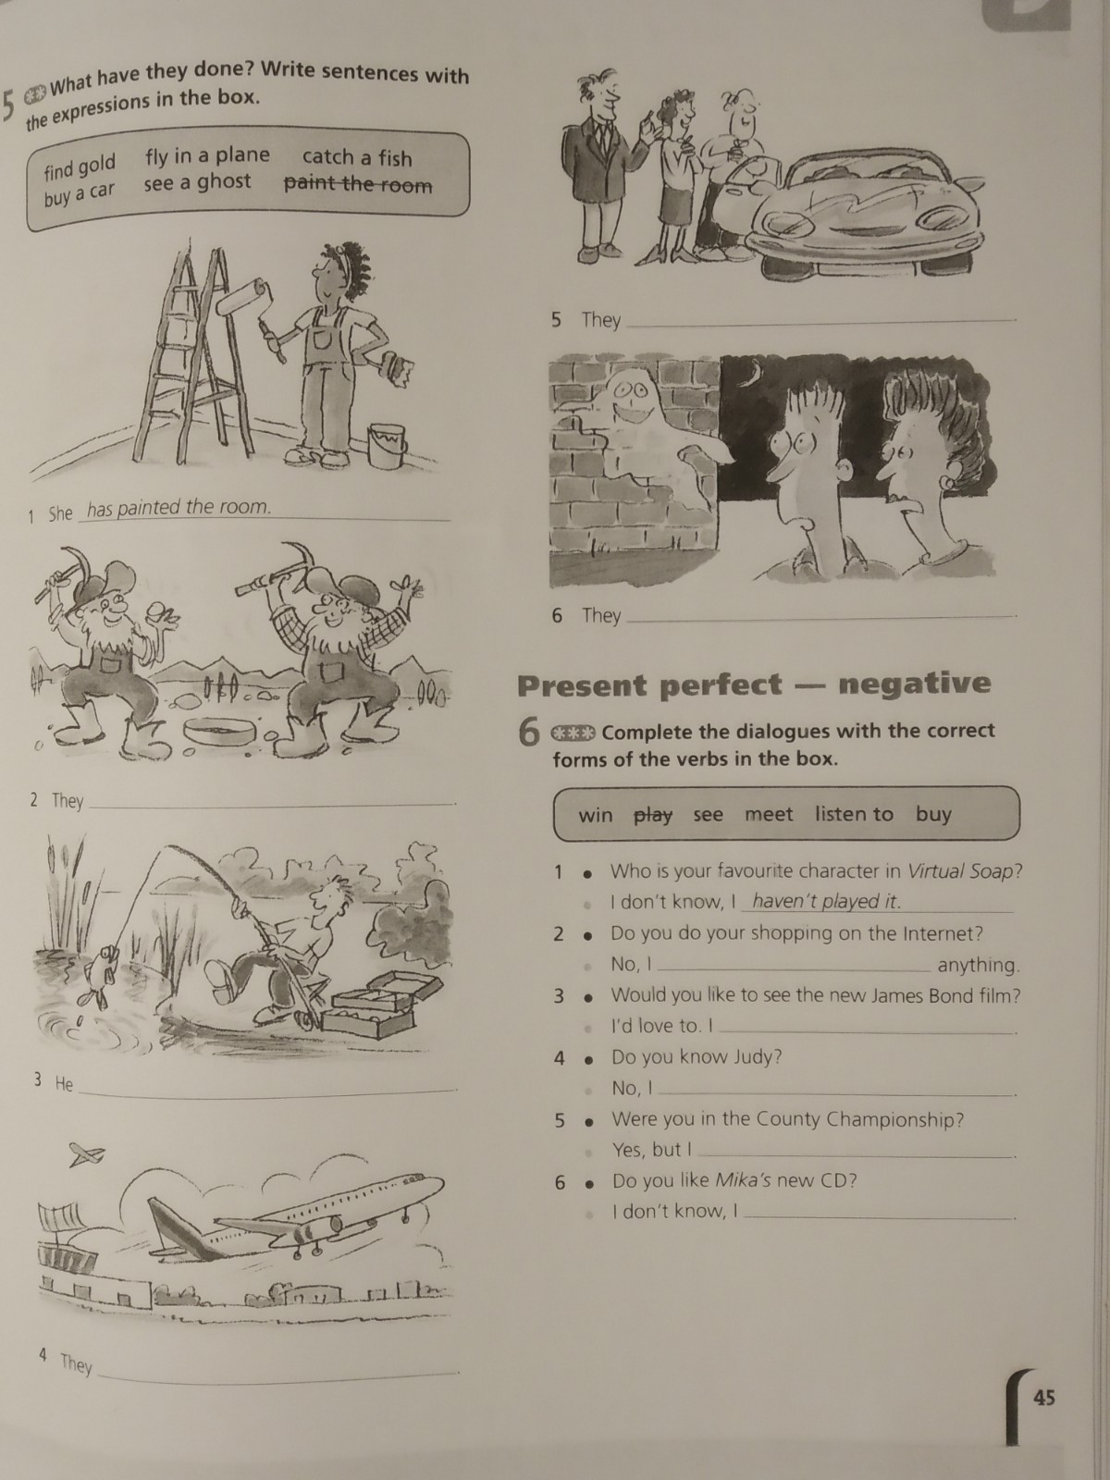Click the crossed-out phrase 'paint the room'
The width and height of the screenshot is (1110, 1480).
click(358, 184)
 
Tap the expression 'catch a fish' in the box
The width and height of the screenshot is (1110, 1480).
click(356, 157)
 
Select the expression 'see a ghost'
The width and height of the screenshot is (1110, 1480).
click(197, 182)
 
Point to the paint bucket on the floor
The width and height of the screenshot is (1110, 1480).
click(388, 447)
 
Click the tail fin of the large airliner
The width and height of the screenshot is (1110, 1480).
click(177, 1229)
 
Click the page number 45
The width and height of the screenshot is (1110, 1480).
click(1043, 1398)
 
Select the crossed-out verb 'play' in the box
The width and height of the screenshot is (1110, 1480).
click(653, 816)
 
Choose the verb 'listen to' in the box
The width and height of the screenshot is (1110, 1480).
click(854, 814)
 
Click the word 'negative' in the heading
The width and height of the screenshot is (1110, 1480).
click(915, 684)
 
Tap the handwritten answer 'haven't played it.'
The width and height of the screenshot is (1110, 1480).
click(826, 902)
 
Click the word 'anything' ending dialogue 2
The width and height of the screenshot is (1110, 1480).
click(978, 965)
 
